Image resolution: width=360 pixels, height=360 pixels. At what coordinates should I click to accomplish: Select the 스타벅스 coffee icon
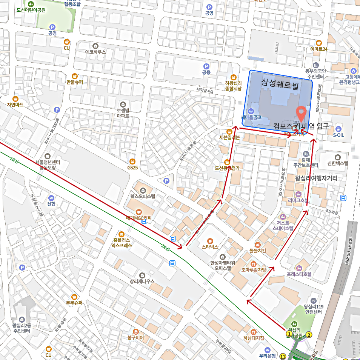point(210,241)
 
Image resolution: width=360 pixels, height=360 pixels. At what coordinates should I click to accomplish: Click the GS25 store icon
point(132,161)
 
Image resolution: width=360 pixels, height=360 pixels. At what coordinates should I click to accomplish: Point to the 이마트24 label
point(318,49)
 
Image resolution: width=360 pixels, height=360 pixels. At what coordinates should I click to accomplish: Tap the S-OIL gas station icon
point(338,128)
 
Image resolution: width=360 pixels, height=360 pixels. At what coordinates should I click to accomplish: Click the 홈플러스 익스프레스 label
point(122,242)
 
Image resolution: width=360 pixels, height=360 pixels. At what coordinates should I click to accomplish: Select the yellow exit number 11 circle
point(283,356)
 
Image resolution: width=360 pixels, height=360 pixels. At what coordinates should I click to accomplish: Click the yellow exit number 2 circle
point(309,334)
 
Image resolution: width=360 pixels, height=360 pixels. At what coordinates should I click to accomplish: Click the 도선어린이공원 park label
point(31,10)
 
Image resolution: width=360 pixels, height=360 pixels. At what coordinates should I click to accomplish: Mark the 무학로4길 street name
point(205,90)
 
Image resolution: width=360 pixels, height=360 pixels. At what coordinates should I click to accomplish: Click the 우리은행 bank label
point(267,355)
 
